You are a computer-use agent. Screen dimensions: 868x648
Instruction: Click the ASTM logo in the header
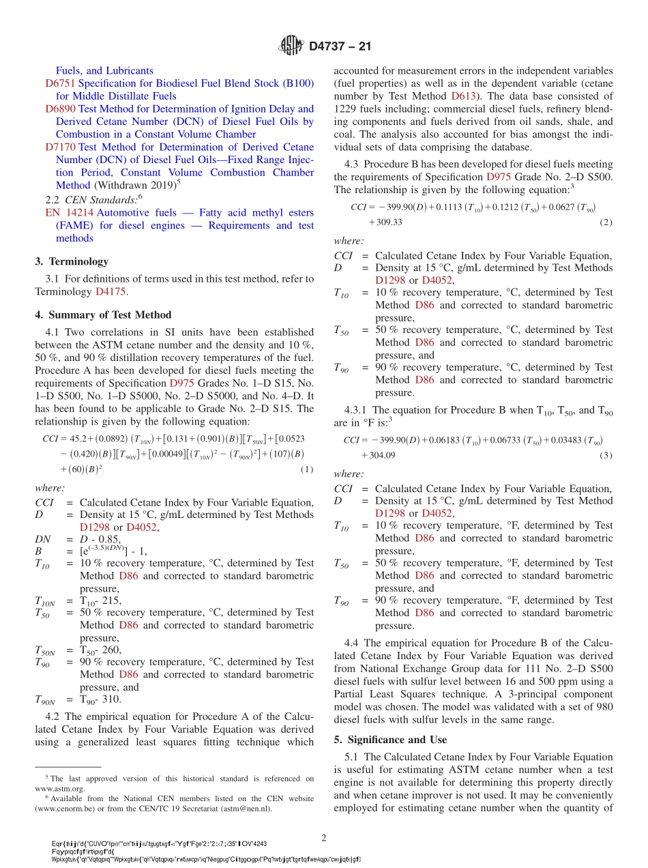point(291,46)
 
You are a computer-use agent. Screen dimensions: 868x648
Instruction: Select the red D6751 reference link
point(60,83)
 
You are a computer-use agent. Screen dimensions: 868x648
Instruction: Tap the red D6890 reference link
point(60,108)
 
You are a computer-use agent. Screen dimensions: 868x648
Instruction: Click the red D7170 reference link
point(60,147)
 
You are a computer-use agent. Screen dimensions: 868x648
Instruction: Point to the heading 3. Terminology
point(72,261)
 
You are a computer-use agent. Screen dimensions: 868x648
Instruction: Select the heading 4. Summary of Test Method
point(103,315)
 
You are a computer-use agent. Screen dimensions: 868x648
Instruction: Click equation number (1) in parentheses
point(306,469)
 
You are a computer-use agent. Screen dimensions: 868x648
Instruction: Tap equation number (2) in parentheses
point(606,222)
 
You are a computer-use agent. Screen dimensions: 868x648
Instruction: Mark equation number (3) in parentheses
point(606,456)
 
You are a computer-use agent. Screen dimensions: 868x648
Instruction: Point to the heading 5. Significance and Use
point(390,740)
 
